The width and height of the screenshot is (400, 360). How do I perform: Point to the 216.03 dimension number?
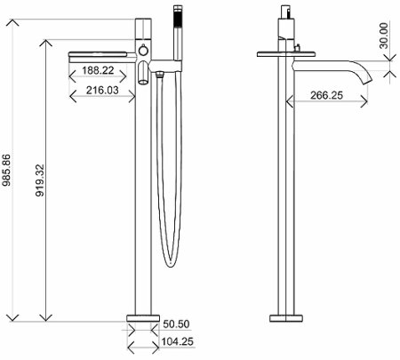click(x=103, y=89)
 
